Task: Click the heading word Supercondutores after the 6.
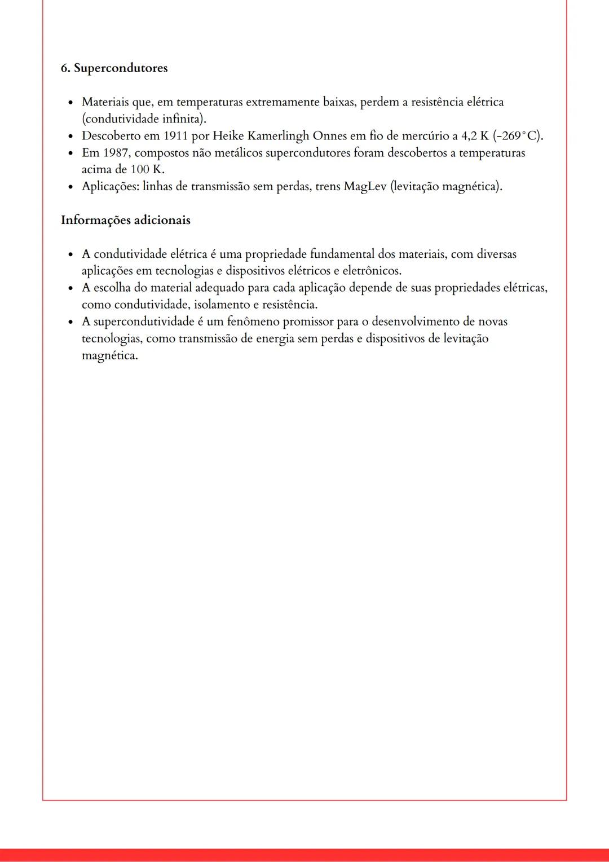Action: coord(121,68)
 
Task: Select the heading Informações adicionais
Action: coord(125,220)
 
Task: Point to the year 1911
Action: coord(176,136)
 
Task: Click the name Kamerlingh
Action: coord(279,136)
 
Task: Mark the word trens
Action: coord(328,187)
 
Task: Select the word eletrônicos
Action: coord(372,271)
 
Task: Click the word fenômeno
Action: coord(253,322)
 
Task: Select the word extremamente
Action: coord(282,102)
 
